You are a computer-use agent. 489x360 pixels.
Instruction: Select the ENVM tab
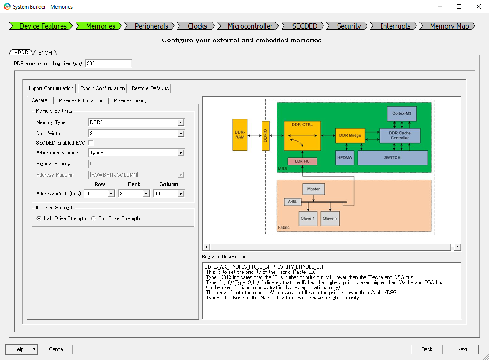[45, 52]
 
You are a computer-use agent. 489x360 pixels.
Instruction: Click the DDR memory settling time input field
[108, 64]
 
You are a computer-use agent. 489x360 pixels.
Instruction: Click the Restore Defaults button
[150, 88]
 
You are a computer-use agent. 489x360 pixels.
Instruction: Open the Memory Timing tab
[130, 101]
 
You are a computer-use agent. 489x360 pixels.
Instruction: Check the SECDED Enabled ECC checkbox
[91, 143]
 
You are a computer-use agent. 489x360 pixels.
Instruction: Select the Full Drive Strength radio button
[93, 218]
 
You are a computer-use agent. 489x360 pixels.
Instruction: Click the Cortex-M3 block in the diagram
[402, 113]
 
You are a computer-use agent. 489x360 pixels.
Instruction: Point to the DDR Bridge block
[350, 136]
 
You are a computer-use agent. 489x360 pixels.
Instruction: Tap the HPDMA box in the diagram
[345, 157]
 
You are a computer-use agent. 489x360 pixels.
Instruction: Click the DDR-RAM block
[239, 135]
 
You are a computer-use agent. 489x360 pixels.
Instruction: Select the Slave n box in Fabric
[330, 218]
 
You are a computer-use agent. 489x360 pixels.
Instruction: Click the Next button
[462, 349]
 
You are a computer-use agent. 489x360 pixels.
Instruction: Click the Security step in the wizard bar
[349, 26]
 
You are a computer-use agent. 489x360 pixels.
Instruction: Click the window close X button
[479, 6]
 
